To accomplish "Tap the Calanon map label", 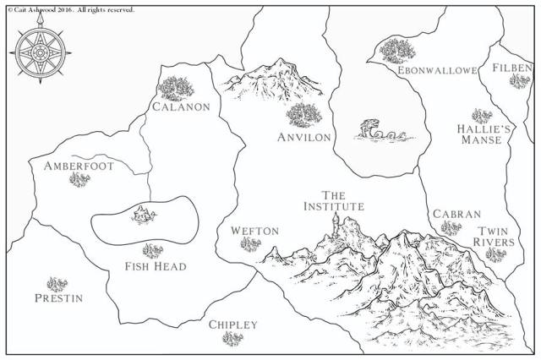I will click(x=181, y=107).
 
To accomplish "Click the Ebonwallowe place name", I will click(x=430, y=70).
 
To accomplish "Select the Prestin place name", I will click(x=58, y=297).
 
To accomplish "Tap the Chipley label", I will click(x=232, y=325).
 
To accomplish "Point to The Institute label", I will click(x=334, y=200).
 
